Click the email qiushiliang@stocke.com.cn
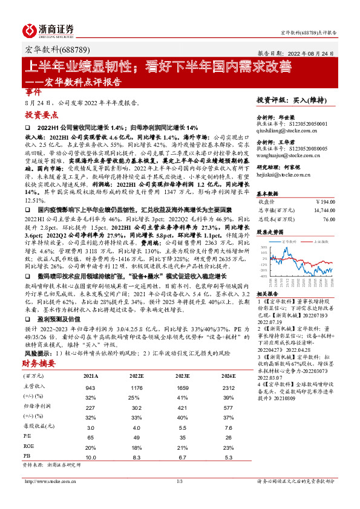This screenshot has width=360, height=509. point(285,129)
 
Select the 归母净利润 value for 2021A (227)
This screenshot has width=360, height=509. point(91,391)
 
